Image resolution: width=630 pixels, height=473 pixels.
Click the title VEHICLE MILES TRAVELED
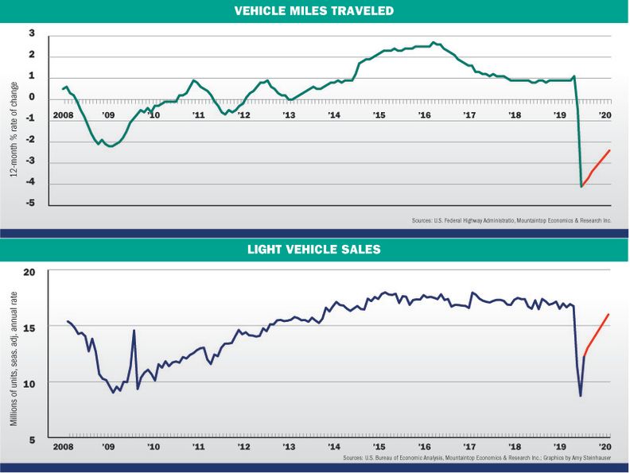pyautogui.click(x=314, y=11)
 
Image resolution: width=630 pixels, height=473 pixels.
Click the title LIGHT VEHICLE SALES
pyautogui.click(x=314, y=250)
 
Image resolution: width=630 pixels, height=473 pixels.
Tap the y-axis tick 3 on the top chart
pyautogui.click(x=33, y=33)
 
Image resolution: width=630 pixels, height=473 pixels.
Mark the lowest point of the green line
pyautogui.click(x=581, y=186)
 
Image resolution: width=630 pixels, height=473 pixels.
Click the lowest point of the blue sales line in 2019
pyautogui.click(x=581, y=395)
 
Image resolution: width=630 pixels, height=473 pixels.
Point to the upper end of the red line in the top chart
pyautogui.click(x=609, y=150)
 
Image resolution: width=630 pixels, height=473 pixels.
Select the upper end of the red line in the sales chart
pyautogui.click(x=609, y=314)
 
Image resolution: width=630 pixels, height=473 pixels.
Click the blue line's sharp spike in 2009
pyautogui.click(x=134, y=330)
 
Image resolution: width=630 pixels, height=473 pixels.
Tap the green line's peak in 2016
pyautogui.click(x=433, y=42)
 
